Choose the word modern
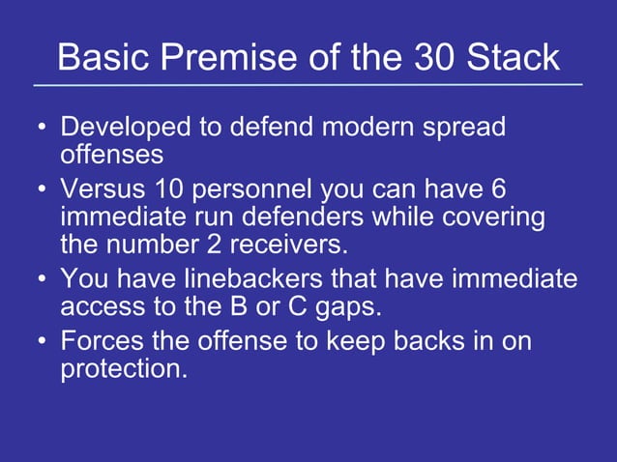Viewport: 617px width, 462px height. (371, 128)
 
